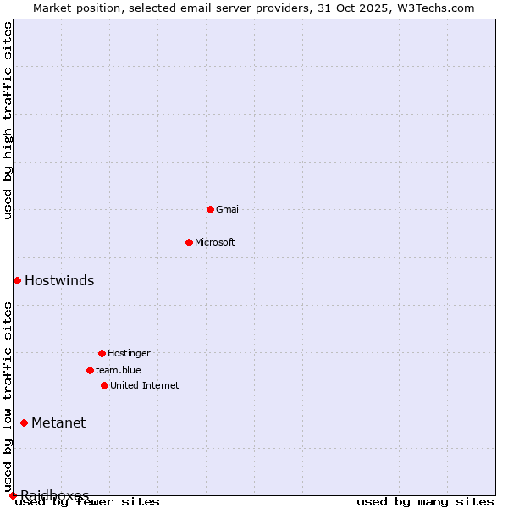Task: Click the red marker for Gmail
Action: (x=210, y=209)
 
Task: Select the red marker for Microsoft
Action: (x=189, y=242)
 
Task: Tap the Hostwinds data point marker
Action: (x=17, y=280)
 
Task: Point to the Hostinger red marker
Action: (x=102, y=353)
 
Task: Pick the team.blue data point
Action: (x=90, y=370)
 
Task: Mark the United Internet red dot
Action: (x=104, y=385)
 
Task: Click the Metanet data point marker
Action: (x=24, y=422)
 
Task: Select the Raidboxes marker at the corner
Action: (x=13, y=495)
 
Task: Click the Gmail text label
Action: (x=229, y=209)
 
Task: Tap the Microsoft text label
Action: (x=215, y=242)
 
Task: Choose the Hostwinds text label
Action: (x=59, y=280)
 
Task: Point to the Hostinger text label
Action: (x=129, y=353)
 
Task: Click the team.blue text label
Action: (x=119, y=370)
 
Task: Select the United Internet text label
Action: (x=145, y=385)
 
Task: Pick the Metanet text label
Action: (x=58, y=422)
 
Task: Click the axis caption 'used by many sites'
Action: (x=425, y=501)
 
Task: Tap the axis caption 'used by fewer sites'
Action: (x=88, y=501)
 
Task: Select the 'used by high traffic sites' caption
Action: (x=8, y=120)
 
